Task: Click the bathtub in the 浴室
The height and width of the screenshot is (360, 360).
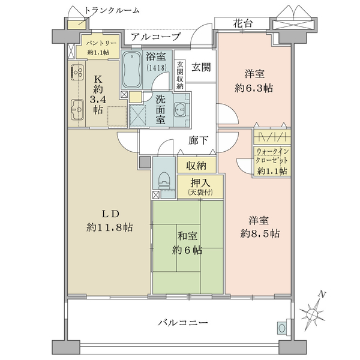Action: pos(131,70)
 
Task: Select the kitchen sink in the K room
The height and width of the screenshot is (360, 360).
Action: pos(77,110)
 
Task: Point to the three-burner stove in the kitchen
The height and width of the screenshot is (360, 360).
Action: pos(77,71)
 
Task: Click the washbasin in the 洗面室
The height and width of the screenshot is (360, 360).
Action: pos(180,109)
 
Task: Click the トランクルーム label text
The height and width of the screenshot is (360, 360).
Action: pos(112,10)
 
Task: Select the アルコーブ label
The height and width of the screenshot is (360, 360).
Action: pos(156,37)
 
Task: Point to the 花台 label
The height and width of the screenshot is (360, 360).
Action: pos(243,23)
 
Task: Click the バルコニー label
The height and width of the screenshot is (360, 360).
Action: pos(183,323)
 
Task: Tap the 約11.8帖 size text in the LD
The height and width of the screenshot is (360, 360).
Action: pos(110,227)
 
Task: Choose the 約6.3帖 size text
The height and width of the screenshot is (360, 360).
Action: pos(254,88)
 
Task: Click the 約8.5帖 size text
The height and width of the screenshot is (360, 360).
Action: pos(260,233)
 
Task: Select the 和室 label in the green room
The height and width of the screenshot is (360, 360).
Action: pos(187,236)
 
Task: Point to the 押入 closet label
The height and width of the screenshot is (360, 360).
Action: pos(200,182)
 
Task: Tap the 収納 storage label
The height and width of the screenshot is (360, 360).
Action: pos(196,166)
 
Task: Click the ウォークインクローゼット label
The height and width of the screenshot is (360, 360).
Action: pos(272,155)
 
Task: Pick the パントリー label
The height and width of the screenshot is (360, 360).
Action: pos(98,43)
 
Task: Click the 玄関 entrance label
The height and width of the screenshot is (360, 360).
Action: pos(201,67)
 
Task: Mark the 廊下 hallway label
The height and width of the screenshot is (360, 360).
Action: pos(199,140)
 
